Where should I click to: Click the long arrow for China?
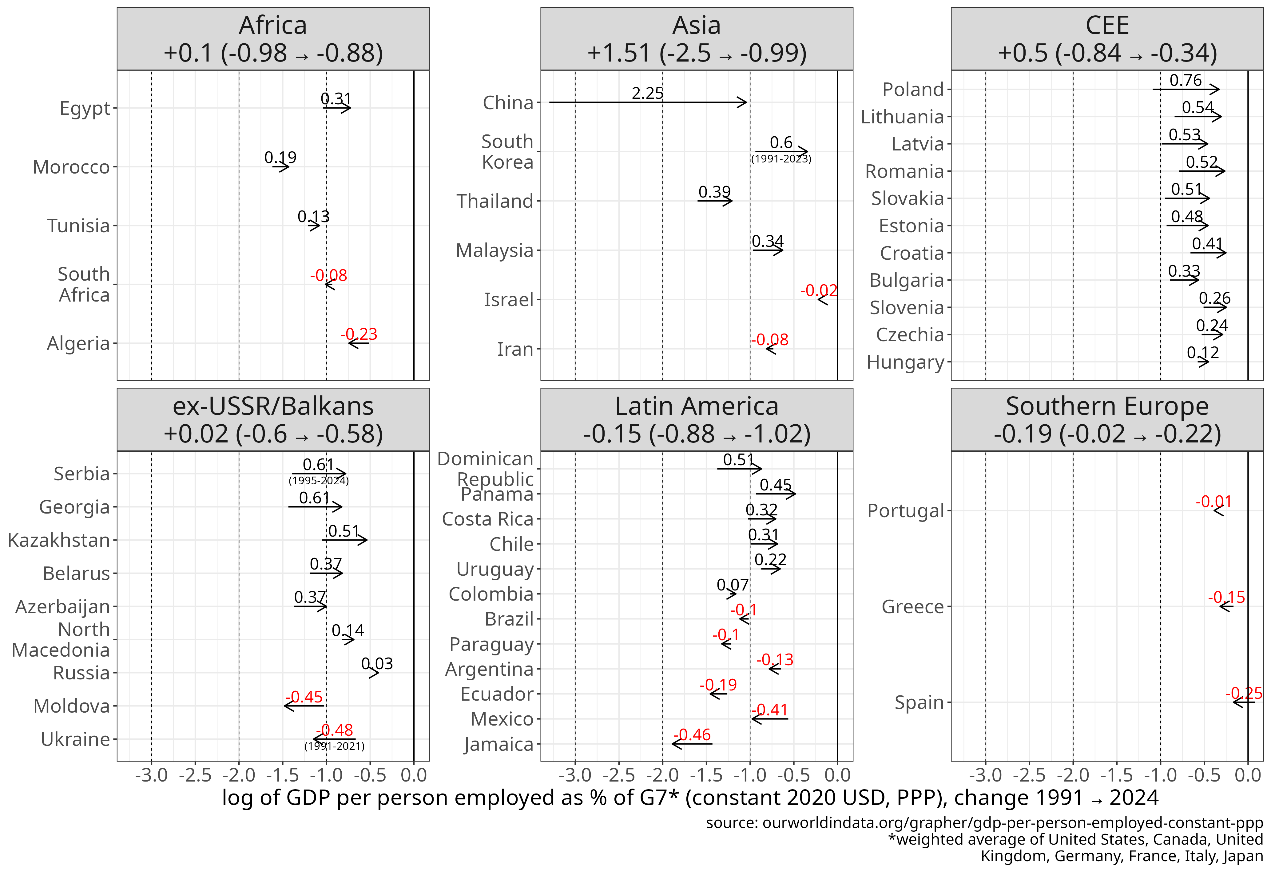[x=648, y=102]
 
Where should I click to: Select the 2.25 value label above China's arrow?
[x=648, y=93]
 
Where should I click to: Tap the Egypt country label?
[x=85, y=108]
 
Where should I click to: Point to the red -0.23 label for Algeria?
[x=359, y=334]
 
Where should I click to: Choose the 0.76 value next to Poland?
[x=1185, y=80]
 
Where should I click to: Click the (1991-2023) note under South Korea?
[x=781, y=159]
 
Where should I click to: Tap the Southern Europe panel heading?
[x=1107, y=420]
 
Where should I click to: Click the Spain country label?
[x=919, y=702]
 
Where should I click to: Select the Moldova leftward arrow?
[x=304, y=706]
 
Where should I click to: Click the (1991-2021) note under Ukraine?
[x=334, y=746]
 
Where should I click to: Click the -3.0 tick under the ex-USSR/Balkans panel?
[x=152, y=775]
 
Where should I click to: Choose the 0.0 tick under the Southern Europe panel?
[x=1248, y=775]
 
